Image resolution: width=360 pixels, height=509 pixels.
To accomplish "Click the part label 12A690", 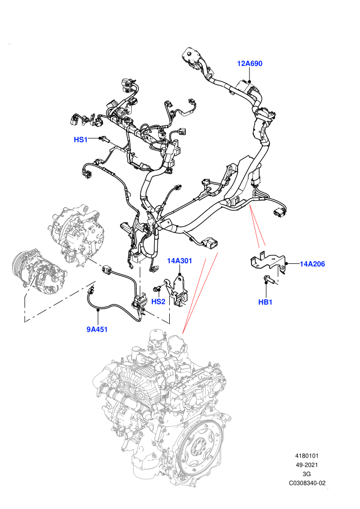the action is click(x=249, y=64).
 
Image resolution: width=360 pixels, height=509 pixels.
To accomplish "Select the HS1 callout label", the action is click(x=81, y=139).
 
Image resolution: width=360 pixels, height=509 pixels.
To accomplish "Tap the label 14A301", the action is click(x=179, y=261).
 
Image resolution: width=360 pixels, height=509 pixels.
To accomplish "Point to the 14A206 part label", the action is click(x=312, y=264).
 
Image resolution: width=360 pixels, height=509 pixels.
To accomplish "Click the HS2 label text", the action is click(x=158, y=302).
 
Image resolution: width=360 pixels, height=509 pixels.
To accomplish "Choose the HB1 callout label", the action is click(x=265, y=302).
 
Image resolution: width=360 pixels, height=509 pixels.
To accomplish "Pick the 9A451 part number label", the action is click(x=97, y=329).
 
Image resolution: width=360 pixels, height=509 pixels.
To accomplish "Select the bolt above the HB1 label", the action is click(x=269, y=279).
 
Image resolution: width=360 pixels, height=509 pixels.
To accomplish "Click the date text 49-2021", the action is click(x=307, y=465).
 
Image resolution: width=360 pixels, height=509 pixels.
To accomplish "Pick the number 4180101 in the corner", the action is click(x=307, y=456).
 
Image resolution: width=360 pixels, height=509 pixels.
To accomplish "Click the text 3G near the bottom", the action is click(x=307, y=474).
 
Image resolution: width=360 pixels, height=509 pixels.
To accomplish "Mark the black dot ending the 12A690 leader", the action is click(x=249, y=81).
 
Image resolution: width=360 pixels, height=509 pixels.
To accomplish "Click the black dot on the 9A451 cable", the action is click(x=97, y=311).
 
